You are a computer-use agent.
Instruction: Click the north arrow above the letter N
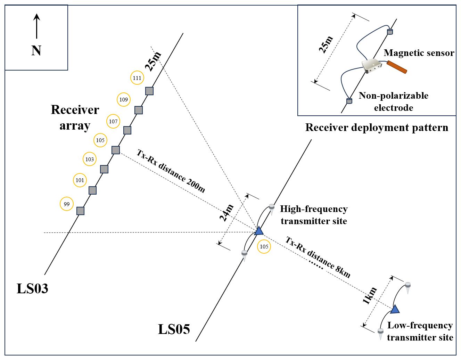(x=36, y=26)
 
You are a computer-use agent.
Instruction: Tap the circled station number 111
(x=137, y=78)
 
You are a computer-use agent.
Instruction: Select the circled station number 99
(x=67, y=204)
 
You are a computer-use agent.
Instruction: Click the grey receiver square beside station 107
(x=127, y=130)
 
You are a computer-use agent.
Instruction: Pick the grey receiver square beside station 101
(x=92, y=190)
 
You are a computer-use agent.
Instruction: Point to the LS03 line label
(x=32, y=288)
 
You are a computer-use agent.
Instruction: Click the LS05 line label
(x=174, y=329)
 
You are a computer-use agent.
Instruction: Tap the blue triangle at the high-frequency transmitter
(x=259, y=231)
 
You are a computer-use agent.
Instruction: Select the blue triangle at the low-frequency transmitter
(x=395, y=309)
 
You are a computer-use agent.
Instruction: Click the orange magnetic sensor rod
(x=397, y=67)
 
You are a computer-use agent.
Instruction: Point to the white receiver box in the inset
(x=371, y=66)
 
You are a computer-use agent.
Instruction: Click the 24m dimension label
(x=227, y=213)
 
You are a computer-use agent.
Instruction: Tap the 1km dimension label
(x=370, y=296)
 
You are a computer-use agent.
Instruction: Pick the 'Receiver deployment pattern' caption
(x=377, y=128)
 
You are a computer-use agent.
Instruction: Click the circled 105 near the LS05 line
(x=264, y=247)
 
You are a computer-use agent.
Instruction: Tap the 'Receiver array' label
(x=75, y=117)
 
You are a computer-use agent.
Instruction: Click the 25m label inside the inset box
(x=326, y=44)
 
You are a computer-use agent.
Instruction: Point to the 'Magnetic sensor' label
(x=419, y=53)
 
